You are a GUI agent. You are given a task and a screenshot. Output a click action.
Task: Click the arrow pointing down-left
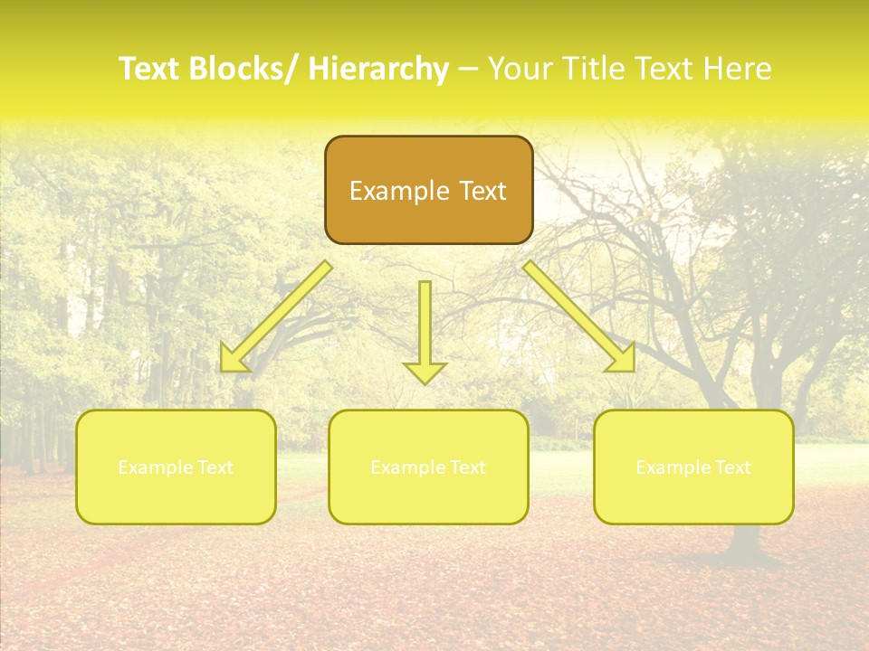point(276,317)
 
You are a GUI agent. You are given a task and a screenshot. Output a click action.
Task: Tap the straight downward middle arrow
point(425,325)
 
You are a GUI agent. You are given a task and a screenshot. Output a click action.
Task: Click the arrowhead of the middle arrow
point(425,372)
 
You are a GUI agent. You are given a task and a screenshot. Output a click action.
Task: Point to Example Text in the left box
point(176,467)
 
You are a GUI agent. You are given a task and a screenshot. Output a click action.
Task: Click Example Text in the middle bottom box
point(428,467)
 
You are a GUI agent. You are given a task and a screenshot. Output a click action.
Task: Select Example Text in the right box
point(693,467)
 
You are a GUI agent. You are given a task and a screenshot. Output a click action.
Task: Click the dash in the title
point(468,70)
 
